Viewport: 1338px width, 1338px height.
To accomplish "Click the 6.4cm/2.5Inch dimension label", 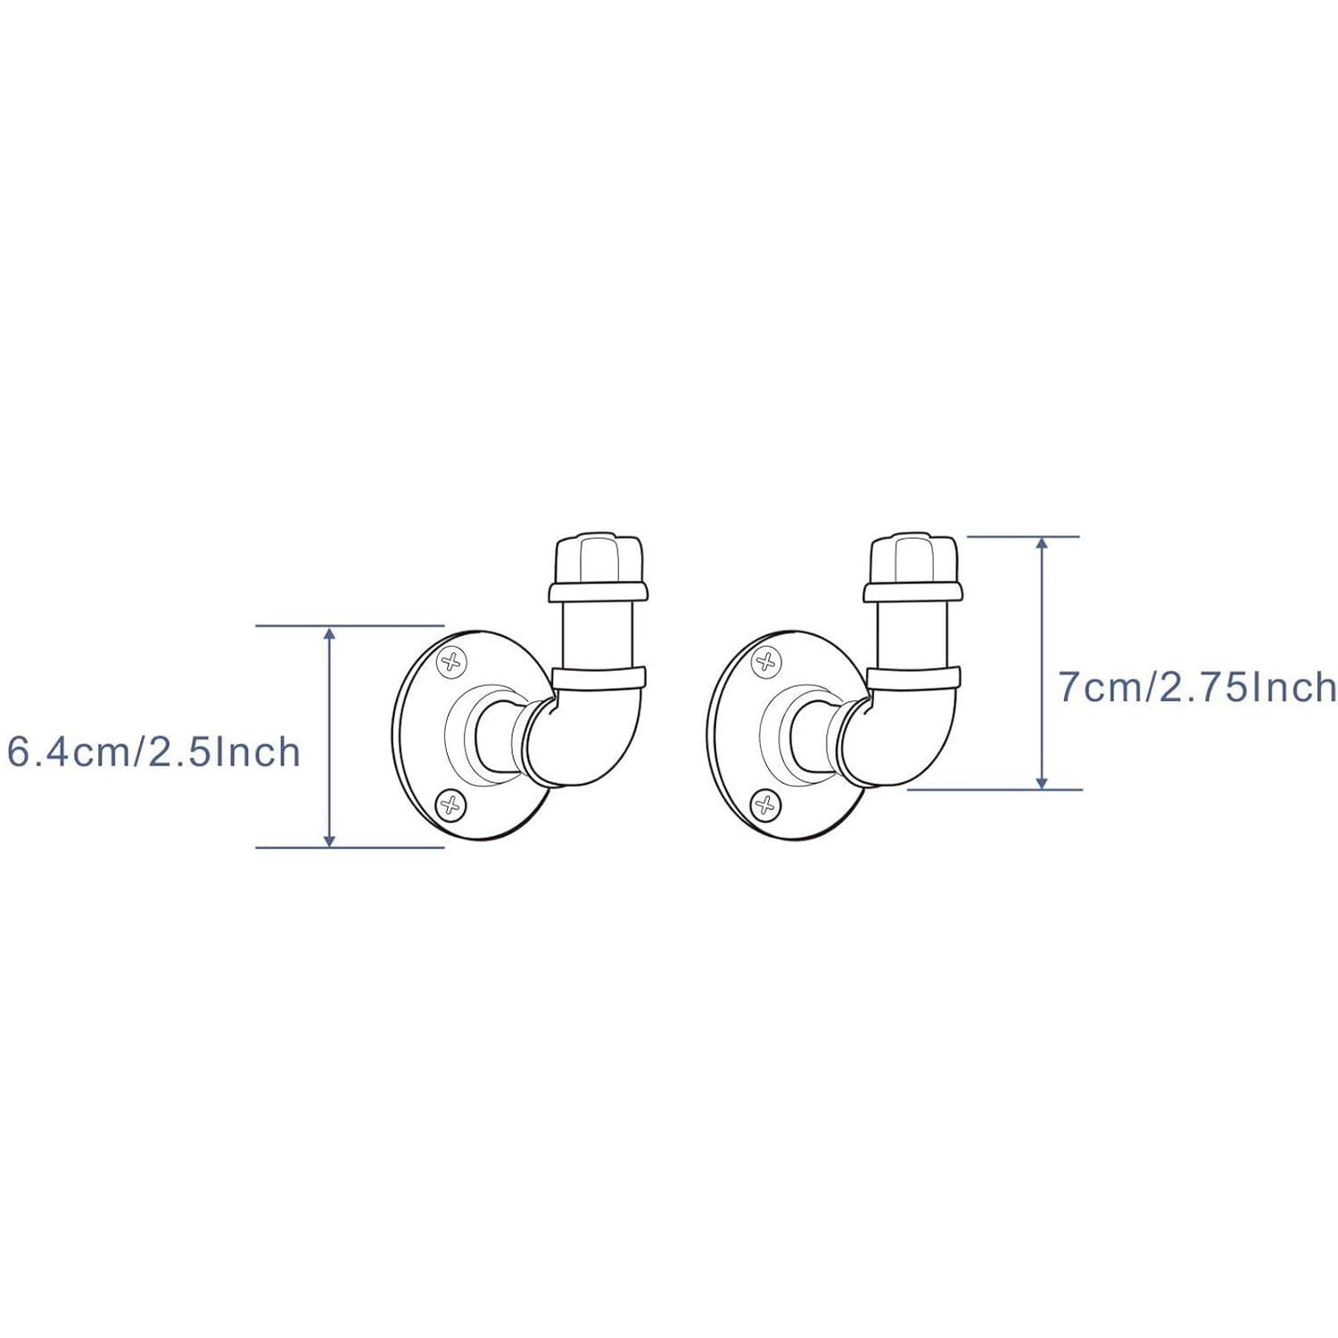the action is (153, 752).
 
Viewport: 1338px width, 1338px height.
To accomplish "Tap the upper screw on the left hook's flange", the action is (452, 661).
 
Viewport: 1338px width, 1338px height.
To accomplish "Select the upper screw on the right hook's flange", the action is (765, 661).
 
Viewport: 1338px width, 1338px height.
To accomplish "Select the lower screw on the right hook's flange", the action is (764, 804).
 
